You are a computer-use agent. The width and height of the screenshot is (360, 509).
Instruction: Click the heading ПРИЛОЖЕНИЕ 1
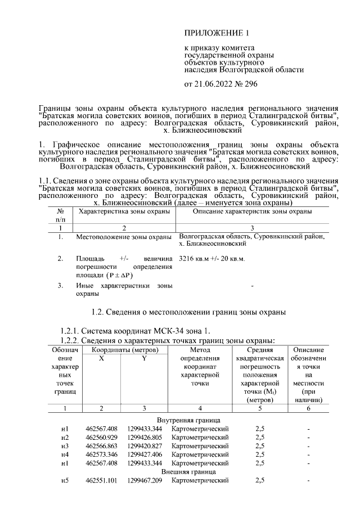(217, 34)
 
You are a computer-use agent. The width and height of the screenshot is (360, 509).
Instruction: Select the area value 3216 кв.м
(194, 259)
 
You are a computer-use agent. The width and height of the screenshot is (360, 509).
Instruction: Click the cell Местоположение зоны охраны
(124, 237)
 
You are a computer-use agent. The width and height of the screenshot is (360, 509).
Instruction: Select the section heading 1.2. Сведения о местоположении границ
(188, 312)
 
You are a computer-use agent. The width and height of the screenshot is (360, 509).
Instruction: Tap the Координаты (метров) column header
(122, 350)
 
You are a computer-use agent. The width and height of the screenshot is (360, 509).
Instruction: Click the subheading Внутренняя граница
(188, 420)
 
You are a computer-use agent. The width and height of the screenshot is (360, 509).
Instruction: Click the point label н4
(65, 454)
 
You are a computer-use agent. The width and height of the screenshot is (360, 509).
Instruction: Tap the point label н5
(65, 481)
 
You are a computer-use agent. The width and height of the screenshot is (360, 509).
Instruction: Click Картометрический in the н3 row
(200, 446)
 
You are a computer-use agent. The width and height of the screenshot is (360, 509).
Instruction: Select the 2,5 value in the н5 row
(260, 481)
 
